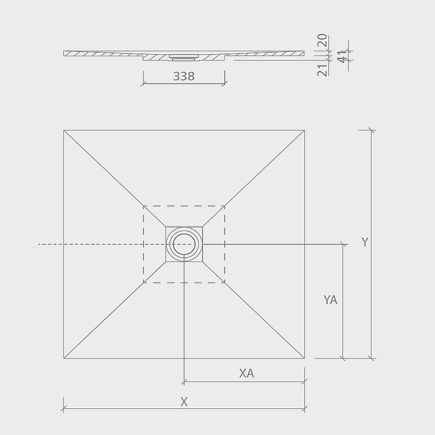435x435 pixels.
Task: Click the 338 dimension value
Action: [184, 76]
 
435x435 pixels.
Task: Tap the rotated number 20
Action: [322, 40]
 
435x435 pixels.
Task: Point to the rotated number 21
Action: [322, 71]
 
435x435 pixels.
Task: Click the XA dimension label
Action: [247, 373]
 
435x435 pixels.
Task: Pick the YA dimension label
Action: [330, 300]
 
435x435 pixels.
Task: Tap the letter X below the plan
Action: [184, 402]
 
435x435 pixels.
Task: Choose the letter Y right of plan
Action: [365, 242]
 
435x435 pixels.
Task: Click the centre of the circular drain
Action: [184, 244]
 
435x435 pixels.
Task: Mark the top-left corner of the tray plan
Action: [64, 130]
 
